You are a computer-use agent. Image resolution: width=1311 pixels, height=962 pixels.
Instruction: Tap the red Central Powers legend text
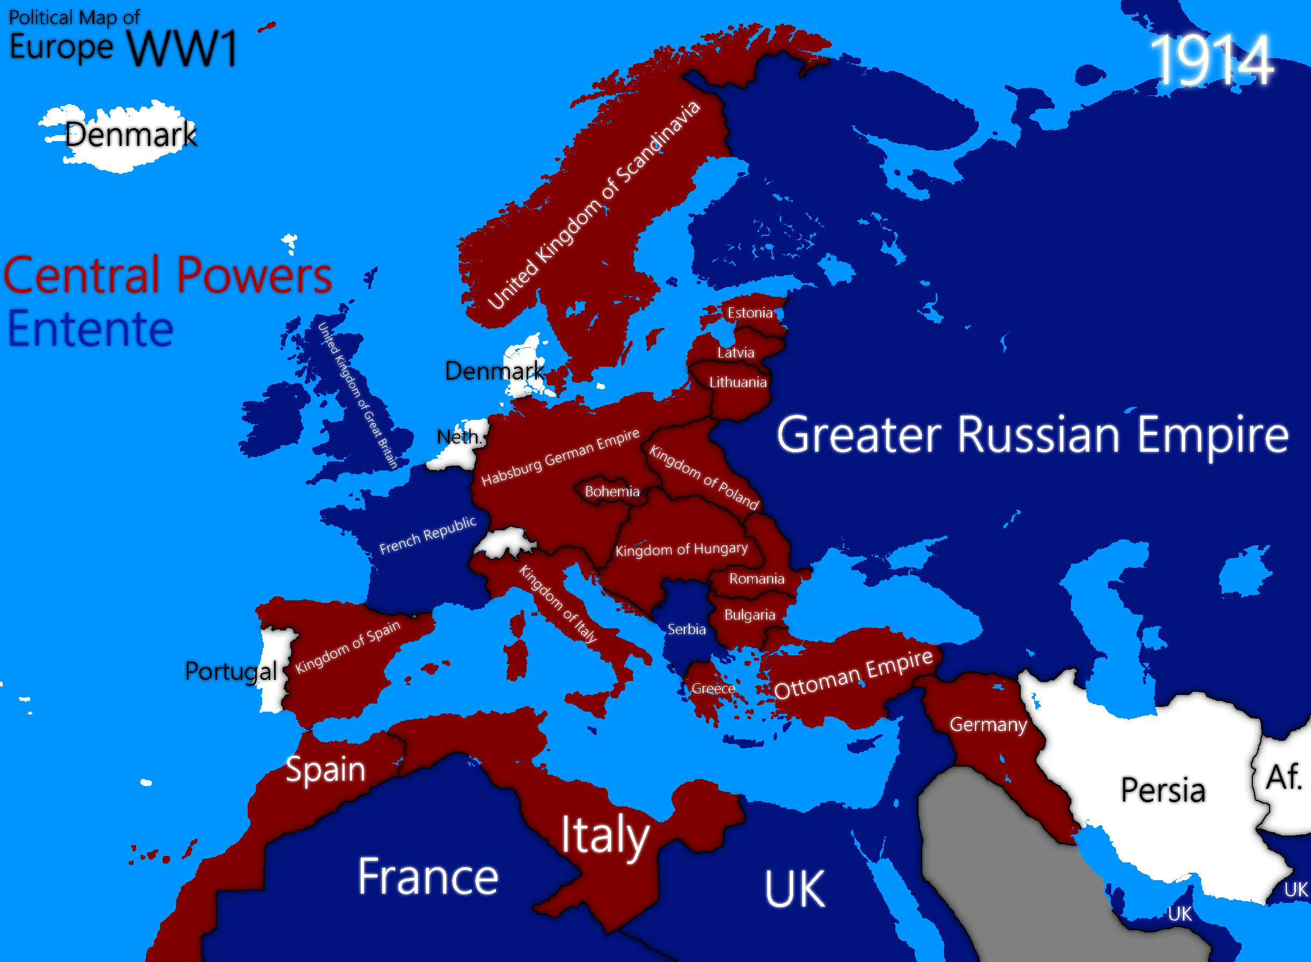point(168,275)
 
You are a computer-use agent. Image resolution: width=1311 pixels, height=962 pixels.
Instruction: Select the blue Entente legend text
point(90,329)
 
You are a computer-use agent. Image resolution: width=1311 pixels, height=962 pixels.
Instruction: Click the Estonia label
point(749,313)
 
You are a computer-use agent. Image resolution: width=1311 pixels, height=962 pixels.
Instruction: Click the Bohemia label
point(612,491)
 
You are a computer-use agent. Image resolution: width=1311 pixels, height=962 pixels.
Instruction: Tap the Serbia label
point(686,629)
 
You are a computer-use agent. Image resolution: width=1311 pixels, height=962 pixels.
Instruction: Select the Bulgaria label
point(749,615)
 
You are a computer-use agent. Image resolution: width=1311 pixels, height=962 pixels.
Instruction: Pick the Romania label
point(756,579)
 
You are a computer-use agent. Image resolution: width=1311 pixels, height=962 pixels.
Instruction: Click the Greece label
point(713,689)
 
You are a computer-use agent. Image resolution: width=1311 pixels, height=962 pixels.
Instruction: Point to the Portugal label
point(230,671)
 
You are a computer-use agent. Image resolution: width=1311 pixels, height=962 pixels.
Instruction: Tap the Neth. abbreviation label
point(459,437)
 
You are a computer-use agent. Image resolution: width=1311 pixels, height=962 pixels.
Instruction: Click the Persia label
point(1162,790)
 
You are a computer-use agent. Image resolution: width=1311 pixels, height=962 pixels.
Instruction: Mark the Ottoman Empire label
point(853,674)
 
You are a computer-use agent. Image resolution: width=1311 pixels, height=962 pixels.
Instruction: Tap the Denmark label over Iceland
point(130,135)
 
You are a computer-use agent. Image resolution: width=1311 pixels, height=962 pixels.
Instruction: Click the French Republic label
point(427,535)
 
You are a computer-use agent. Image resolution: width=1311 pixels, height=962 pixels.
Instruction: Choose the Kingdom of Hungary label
point(682,550)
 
